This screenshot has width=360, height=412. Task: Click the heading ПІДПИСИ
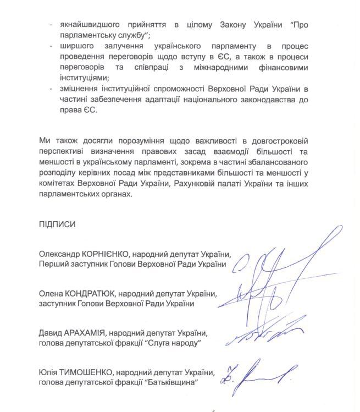click(x=57, y=226)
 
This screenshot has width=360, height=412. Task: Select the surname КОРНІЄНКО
click(x=103, y=255)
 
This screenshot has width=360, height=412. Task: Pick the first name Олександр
click(x=59, y=255)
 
